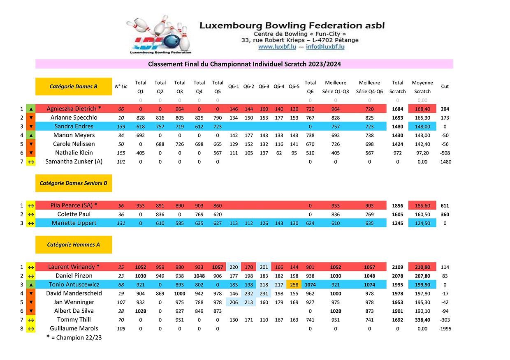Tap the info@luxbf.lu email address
(325, 47)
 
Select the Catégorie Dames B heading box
(74, 86)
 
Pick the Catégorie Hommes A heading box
(74, 245)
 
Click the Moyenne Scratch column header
(422, 87)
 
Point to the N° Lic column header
(121, 86)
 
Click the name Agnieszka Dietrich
(74, 109)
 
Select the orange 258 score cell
(294, 284)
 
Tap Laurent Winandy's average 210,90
(422, 267)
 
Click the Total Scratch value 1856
(397, 205)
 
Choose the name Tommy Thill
(74, 320)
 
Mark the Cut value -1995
(445, 329)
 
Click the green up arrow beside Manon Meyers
(31, 135)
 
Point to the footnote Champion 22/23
(74, 338)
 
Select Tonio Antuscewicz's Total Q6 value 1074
(310, 284)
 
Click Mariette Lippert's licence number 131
(121, 223)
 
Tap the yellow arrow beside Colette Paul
(31, 214)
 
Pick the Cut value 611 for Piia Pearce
(445, 205)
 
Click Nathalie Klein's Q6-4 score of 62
(279, 153)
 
